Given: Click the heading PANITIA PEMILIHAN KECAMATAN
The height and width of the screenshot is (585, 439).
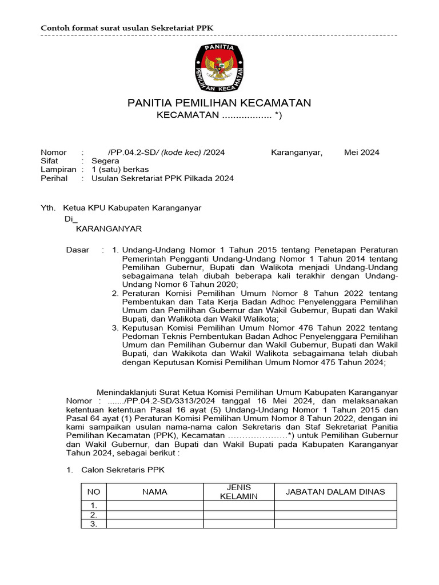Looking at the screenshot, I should click(219, 103).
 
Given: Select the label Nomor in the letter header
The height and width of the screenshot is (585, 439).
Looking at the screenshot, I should click(53, 153).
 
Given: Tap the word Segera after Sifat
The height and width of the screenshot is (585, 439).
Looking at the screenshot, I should click(105, 161).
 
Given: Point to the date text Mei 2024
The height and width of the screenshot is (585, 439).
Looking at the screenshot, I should click(361, 153).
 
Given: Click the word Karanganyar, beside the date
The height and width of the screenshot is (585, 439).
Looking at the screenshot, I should click(296, 153).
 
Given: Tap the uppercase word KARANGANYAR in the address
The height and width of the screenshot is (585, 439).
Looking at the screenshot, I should click(109, 229).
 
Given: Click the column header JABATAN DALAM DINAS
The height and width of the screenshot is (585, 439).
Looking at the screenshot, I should click(335, 492).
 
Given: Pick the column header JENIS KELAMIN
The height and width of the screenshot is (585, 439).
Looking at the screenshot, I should click(239, 492).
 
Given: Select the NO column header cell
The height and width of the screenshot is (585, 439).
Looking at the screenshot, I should click(93, 492).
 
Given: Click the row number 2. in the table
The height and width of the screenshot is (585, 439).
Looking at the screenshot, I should click(94, 515).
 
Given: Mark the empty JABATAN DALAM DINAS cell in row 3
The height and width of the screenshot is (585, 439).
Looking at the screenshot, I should click(335, 524).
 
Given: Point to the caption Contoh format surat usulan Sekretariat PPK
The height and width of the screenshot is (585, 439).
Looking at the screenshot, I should click(122, 29).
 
